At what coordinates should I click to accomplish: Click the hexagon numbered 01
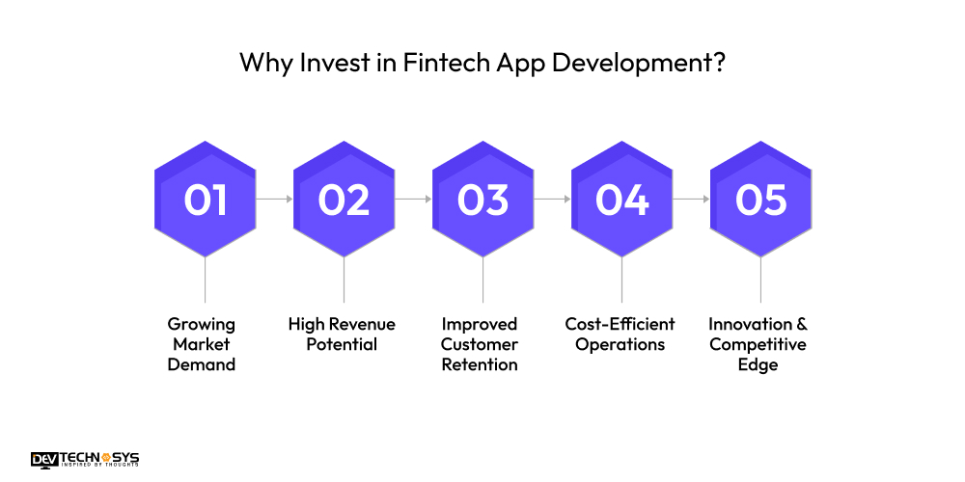205,200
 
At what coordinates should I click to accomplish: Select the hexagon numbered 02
344,200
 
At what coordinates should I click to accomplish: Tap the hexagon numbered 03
482,200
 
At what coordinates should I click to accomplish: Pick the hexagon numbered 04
621,200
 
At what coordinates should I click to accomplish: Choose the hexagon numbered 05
760,200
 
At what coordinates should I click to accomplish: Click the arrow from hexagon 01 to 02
274,200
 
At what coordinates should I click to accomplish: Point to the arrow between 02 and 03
413,200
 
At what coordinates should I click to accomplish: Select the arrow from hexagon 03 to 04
552,200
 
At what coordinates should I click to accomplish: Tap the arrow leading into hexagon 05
691,200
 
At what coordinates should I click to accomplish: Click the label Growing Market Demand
201,344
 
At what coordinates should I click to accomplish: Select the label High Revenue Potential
342,334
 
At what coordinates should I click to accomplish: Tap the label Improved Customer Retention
480,344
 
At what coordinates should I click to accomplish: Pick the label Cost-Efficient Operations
620,334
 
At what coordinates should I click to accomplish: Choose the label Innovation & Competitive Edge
758,344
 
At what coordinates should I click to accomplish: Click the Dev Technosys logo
85,459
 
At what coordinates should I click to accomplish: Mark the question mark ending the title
719,64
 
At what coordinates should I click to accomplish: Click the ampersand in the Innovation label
800,324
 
